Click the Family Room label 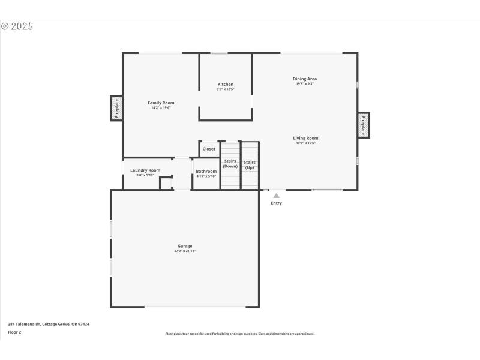tap(161, 103)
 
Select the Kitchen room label tap(226, 84)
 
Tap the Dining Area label tap(305, 79)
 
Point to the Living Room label tap(305, 138)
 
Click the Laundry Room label tap(145, 170)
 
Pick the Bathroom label tap(206, 171)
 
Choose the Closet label tap(209, 149)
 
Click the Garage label tap(185, 246)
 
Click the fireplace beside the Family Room tap(116, 108)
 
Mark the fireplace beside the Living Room tap(364, 125)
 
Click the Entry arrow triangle tap(276, 195)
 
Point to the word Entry tap(276, 203)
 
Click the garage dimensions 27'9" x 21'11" tap(185, 251)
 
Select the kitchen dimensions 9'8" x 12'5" tap(226, 89)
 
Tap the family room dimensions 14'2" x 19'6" tap(161, 107)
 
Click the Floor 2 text tap(14, 332)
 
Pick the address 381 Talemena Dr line tap(49, 324)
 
